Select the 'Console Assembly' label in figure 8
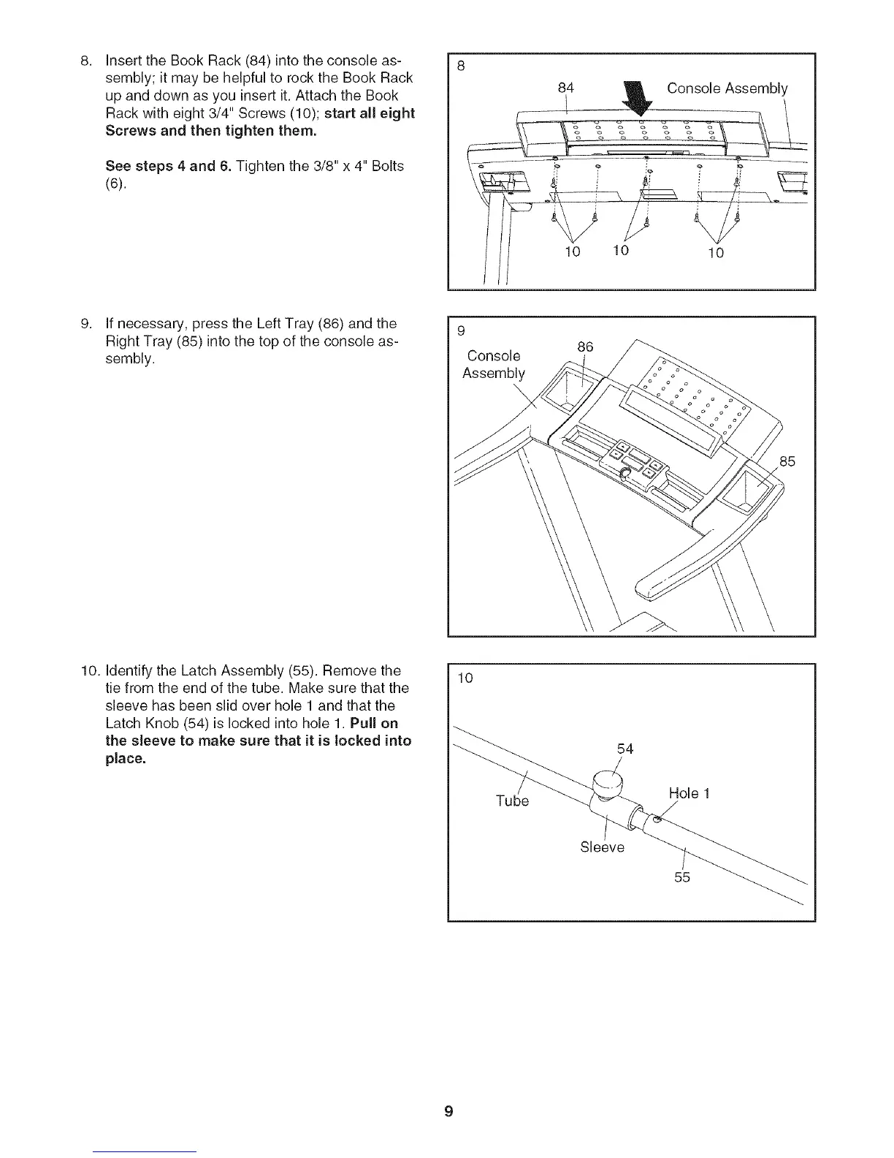pyautogui.click(x=727, y=88)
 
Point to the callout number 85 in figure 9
pyautogui.click(x=787, y=461)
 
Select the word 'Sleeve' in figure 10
pyautogui.click(x=602, y=847)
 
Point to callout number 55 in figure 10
pyautogui.click(x=682, y=877)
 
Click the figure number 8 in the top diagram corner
pyautogui.click(x=461, y=65)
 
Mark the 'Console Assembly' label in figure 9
pyautogui.click(x=494, y=365)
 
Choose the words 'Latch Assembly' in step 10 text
pyautogui.click(x=218, y=670)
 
